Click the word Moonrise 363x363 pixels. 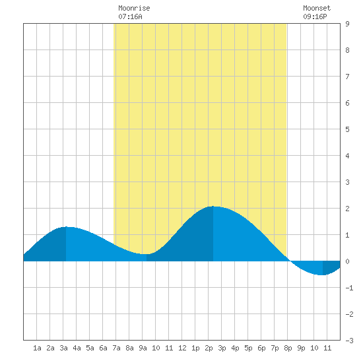134,8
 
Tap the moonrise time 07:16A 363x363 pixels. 130,16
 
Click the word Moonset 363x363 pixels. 317,8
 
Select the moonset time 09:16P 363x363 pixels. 315,16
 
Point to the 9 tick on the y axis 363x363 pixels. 347,24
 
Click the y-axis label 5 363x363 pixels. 347,129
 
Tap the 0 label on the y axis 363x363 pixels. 347,261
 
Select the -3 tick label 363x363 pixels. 349,341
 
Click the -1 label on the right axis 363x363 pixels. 349,288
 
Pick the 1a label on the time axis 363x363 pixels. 37,348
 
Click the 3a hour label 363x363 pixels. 63,348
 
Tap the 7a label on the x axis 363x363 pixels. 116,348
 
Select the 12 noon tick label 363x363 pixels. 182,348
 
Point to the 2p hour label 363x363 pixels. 209,348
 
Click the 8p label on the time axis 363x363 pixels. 288,348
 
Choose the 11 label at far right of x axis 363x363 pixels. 327,348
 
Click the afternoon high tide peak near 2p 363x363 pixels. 213,207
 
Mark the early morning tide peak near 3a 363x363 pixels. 66,227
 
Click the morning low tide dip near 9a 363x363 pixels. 147,254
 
